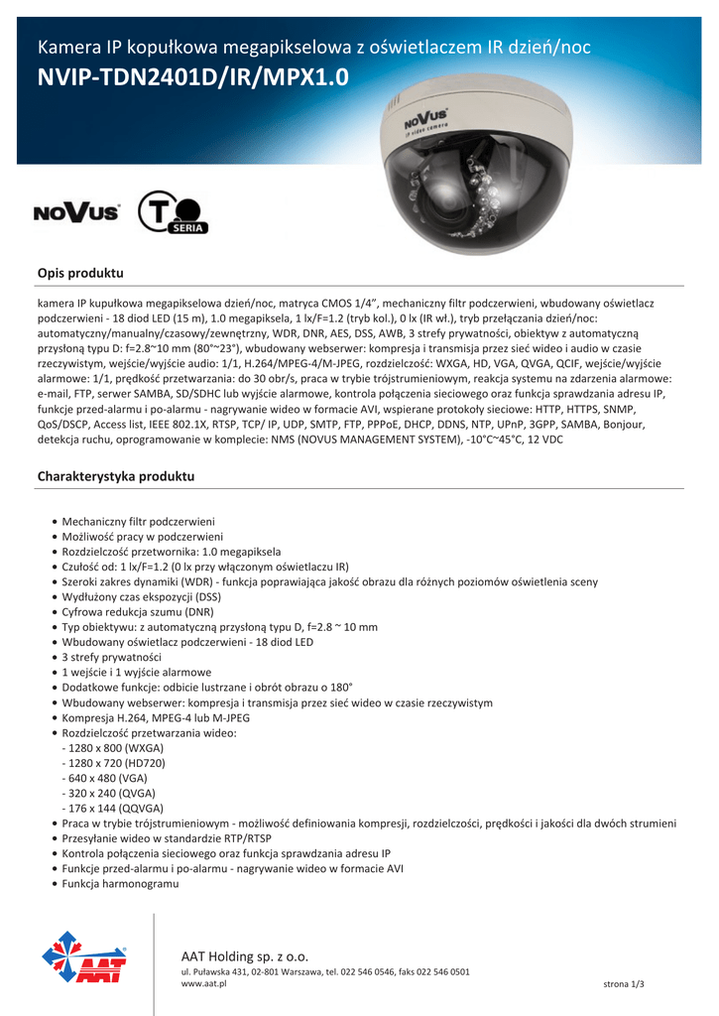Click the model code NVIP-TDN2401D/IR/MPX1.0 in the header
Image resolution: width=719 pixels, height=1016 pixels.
pos(193,77)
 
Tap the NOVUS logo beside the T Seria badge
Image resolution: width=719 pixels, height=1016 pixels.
pos(77,212)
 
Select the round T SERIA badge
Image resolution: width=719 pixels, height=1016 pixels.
pos(173,212)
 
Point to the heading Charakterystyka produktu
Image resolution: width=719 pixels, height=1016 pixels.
pos(116,476)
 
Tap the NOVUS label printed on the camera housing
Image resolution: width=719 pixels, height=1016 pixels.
pos(424,120)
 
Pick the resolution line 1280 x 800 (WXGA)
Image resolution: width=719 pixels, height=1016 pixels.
pos(113,747)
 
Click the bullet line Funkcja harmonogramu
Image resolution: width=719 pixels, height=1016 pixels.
pos(120,883)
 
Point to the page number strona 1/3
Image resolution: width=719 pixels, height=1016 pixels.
pos(624,983)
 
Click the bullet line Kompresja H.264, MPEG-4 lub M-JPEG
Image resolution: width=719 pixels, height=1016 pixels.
pos(156,717)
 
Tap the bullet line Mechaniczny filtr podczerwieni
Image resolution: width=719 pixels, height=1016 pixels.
pos(138,521)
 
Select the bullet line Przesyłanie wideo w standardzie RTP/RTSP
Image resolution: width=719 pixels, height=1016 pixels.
pos(166,837)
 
